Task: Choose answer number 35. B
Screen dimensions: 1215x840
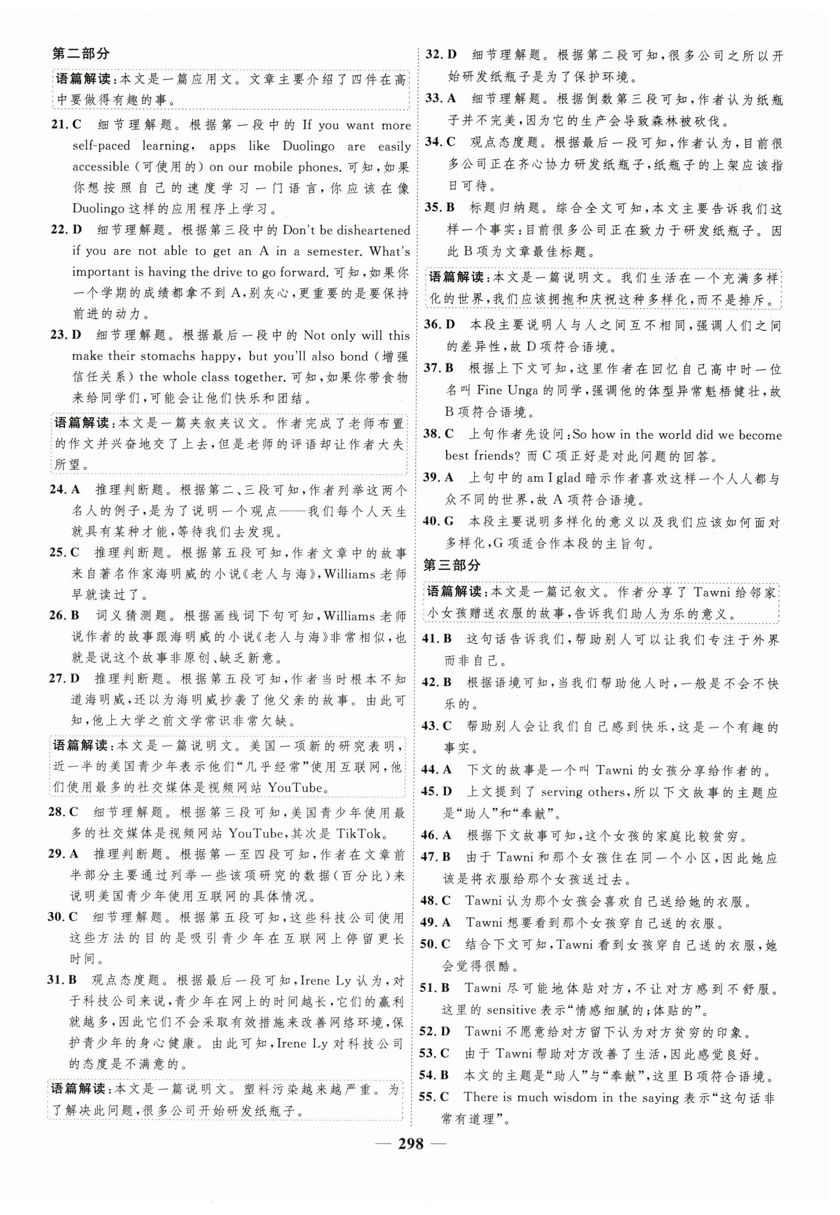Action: [x=439, y=208]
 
